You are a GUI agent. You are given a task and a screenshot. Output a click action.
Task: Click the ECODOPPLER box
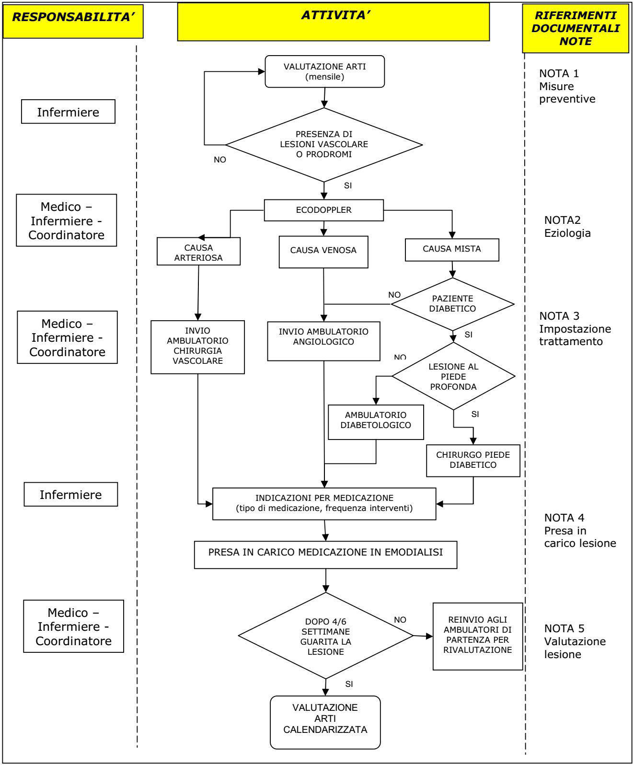coord(324,210)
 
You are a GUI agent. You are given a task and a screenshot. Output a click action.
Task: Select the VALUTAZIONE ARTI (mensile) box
coord(324,71)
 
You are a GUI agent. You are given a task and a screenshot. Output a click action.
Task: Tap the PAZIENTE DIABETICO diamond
coord(453,304)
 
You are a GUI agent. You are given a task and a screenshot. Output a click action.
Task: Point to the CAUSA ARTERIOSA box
coord(198,251)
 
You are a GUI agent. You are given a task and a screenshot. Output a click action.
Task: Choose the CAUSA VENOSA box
coord(323,252)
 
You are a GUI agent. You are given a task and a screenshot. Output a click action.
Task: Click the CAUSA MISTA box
coord(452,250)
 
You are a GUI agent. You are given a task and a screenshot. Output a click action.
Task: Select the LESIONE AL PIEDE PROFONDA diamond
coord(453,376)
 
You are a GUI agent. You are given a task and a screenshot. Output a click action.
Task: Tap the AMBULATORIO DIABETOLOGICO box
coord(376,422)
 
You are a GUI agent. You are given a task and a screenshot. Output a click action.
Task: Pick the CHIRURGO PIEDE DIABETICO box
coord(473,461)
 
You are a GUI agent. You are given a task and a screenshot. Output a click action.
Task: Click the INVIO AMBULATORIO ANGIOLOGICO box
coord(324,341)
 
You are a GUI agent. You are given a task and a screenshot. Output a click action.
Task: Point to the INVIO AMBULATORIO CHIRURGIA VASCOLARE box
coord(198,347)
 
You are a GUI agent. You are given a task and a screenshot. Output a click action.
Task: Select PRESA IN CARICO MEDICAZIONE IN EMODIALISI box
coord(325,555)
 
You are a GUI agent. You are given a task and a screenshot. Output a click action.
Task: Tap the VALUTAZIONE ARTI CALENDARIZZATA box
coord(325,722)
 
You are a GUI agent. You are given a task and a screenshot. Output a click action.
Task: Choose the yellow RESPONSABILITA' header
coord(73,21)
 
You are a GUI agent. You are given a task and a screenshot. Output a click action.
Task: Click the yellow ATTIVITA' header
coord(334,22)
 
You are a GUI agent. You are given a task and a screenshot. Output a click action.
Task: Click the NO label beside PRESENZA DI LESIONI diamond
coord(220,160)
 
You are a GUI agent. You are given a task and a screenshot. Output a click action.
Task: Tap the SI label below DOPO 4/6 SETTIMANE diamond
coord(349,684)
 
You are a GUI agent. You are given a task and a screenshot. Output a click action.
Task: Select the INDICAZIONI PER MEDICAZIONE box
coord(324,503)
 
